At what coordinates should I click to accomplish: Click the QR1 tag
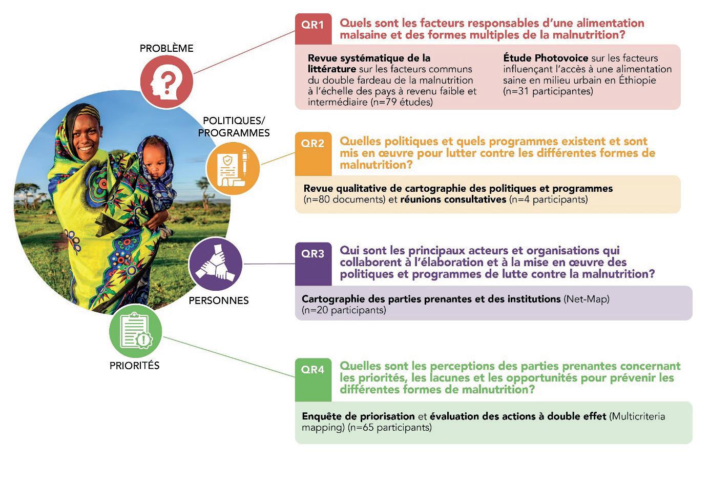[x=313, y=29]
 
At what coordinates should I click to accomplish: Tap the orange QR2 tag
[x=313, y=153]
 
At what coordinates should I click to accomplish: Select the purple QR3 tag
[x=313, y=264]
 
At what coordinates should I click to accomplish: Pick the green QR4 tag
[x=313, y=380]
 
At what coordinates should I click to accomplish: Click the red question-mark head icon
[x=166, y=82]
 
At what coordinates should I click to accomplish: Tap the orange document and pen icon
[x=233, y=168]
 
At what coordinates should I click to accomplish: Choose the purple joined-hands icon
[x=216, y=264]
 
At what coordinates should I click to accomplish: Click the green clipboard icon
[x=136, y=331]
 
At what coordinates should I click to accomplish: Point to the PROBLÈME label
[x=166, y=48]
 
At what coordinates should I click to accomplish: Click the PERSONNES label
[x=219, y=301]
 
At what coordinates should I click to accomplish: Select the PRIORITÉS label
[x=134, y=366]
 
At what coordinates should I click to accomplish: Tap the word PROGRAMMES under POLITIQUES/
[x=234, y=133]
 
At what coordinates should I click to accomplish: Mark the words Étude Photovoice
[x=546, y=58]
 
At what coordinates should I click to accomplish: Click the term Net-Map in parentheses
[x=587, y=299]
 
